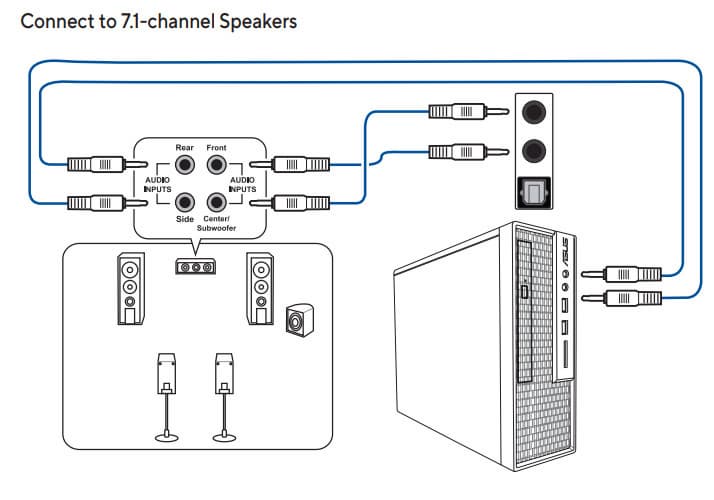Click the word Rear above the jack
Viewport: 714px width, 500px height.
click(185, 146)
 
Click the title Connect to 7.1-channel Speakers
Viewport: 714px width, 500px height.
click(159, 20)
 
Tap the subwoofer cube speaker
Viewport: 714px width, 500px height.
click(297, 320)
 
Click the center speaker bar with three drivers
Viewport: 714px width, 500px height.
click(195, 267)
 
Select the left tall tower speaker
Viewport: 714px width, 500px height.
click(130, 288)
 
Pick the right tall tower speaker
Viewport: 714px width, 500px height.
click(261, 288)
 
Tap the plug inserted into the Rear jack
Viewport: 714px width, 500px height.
click(98, 162)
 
